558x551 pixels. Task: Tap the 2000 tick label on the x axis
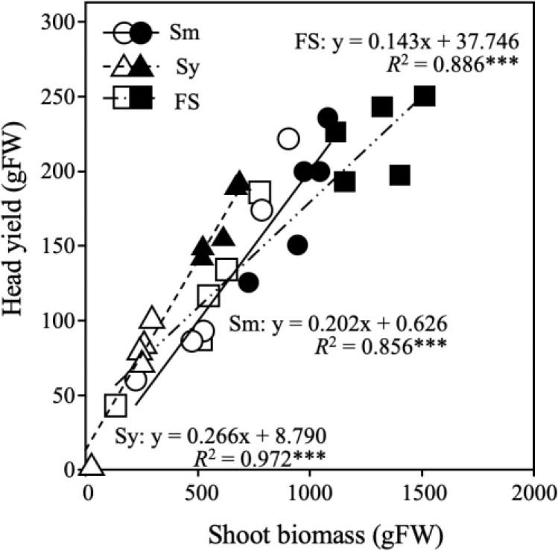click(533, 492)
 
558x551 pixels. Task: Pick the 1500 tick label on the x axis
click(422, 492)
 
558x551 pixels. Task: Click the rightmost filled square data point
click(425, 96)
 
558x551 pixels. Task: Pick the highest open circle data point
click(288, 138)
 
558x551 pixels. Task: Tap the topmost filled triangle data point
click(238, 183)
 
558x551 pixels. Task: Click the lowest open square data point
click(115, 406)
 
